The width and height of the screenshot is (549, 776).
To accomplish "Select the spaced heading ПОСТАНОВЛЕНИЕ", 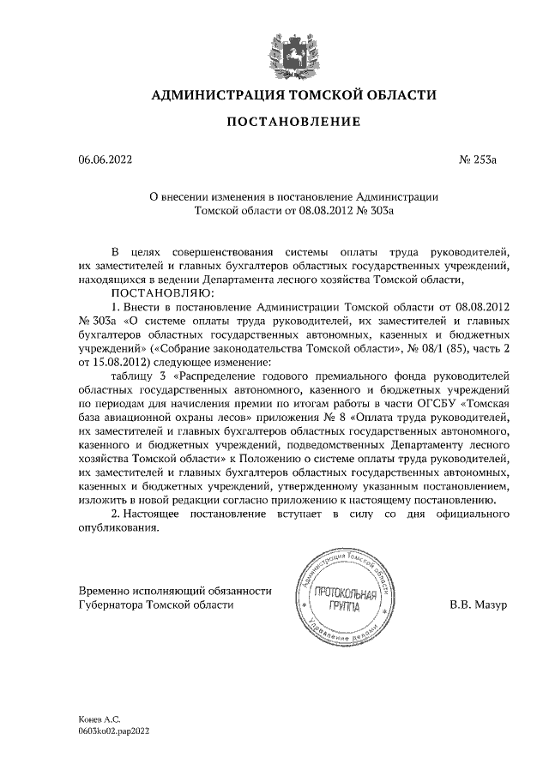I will coord(293,123).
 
